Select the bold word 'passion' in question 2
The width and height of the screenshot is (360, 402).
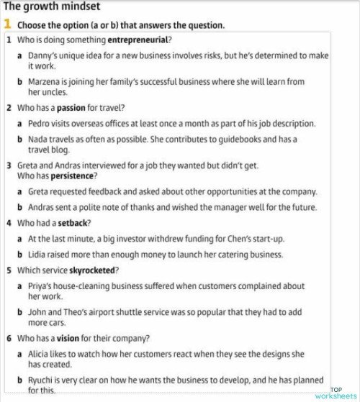point(71,108)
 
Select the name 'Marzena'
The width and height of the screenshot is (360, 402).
point(44,82)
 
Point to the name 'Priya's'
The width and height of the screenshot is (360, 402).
point(42,286)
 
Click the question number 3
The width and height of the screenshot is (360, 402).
point(8,165)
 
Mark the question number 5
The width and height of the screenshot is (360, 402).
point(8,270)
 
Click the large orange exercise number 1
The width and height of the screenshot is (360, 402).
point(7,24)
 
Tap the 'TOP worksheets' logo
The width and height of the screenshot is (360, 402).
point(335,393)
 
